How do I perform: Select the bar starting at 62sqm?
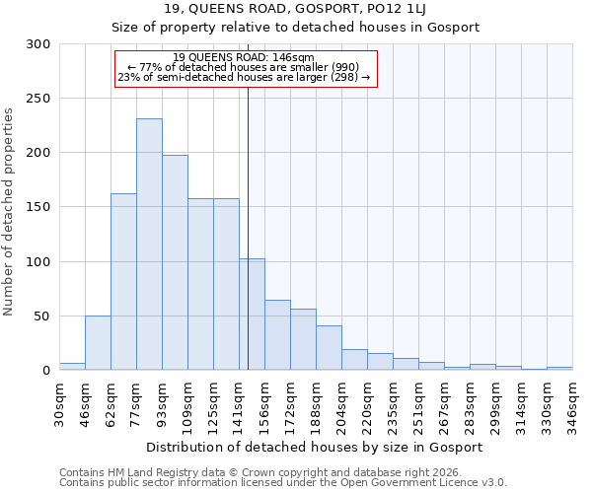coord(123,281)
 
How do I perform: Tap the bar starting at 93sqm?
coord(175,262)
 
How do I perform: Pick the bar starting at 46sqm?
coord(98,343)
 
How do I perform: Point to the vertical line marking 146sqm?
coord(248,227)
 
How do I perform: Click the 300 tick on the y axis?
coord(38,44)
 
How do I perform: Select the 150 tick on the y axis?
coord(38,207)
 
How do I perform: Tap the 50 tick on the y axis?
coord(42,317)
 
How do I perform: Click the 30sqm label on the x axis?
coord(60,402)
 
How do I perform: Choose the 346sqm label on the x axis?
coord(572,402)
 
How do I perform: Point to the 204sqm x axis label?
coord(341,402)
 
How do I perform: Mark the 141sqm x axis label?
coord(239,402)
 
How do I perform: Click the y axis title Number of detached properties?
coord(9,212)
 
